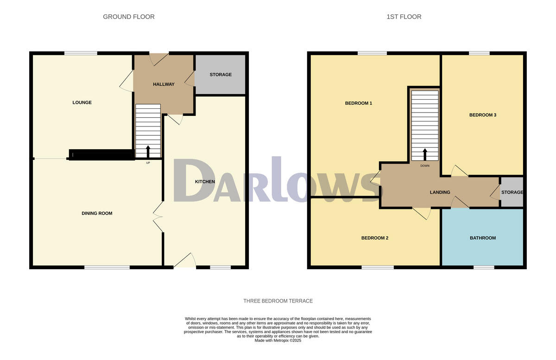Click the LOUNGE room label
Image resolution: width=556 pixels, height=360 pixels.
pos(82,102)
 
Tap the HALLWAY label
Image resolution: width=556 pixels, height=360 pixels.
pos(164,84)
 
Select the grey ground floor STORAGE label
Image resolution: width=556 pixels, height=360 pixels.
pos(220,75)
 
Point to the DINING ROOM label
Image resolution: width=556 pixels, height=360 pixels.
pos(97,213)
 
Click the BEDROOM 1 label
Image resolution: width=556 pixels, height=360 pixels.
pos(359,103)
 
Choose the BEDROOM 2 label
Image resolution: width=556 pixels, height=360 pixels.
pos(374,238)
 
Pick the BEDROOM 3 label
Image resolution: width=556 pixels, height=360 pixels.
pos(483,115)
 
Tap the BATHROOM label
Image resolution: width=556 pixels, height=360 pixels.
pos(483,238)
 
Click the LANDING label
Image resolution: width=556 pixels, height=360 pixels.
pos(440,192)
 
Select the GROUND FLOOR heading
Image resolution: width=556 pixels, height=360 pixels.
pos(129,17)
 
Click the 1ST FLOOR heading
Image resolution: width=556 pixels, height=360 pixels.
pos(404,17)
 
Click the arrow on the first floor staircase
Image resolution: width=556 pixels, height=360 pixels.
pos(425,154)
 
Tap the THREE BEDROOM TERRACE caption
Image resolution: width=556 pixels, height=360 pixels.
pos(278,301)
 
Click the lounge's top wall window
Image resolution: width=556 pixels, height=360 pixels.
pos(81,53)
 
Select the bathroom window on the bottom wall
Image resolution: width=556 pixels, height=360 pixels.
pos(484,267)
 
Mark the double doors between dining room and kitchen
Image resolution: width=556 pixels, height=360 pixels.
pos(158,217)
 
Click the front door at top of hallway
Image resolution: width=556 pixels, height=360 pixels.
pos(159,58)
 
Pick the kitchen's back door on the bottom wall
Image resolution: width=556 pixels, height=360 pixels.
pos(184,262)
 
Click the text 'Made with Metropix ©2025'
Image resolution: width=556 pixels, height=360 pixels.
pos(278,340)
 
